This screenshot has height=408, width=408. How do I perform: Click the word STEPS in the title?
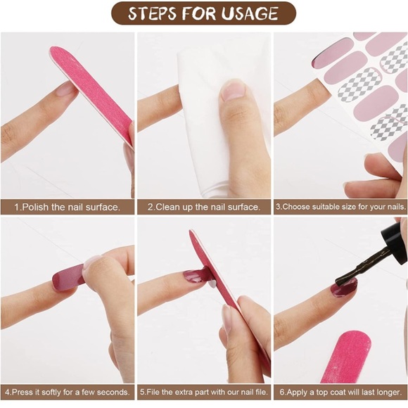coord(152,13)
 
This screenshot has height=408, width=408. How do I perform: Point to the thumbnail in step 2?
coord(232,90)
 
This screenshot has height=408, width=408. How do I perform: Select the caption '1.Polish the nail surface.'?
coord(67,207)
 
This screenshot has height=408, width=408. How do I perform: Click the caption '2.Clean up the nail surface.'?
coord(204,207)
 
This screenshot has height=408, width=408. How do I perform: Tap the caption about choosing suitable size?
coord(341,207)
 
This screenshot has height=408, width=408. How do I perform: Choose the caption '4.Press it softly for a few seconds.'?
coord(67,392)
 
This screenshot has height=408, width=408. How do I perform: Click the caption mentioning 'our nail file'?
coord(204,392)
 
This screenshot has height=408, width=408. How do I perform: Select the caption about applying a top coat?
coord(340,392)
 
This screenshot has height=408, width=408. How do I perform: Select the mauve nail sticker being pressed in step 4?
coord(68,277)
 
